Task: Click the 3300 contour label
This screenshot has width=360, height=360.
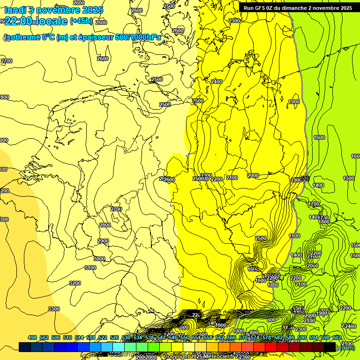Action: [x=54, y=309]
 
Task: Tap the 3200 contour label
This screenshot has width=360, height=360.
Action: [x=75, y=283]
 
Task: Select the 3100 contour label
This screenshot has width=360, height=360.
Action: [x=90, y=268]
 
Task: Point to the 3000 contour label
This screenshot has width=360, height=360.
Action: [x=99, y=259]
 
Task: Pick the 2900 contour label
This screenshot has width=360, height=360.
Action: [x=103, y=241]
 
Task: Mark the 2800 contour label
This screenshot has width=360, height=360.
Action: [x=105, y=225]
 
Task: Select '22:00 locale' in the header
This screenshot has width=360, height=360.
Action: [x=36, y=21]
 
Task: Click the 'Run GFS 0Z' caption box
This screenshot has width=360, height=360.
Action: [x=298, y=8]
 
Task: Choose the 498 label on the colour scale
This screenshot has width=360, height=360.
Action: [x=32, y=337]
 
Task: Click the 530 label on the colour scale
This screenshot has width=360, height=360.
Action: [x=126, y=337]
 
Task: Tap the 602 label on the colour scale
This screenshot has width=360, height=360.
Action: [x=337, y=337]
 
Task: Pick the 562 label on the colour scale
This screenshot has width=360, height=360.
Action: [x=220, y=337]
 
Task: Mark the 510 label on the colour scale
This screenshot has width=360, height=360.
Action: [x=67, y=337]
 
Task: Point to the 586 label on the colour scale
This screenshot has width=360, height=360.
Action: [x=290, y=337]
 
